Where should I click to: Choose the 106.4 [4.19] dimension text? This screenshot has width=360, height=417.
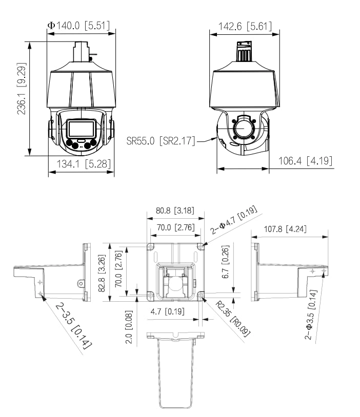pyautogui.click(x=305, y=161)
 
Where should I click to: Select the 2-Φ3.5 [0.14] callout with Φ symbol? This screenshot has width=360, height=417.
pyautogui.click(x=313, y=314)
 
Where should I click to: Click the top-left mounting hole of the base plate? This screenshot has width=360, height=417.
pyautogui.click(x=150, y=247)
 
